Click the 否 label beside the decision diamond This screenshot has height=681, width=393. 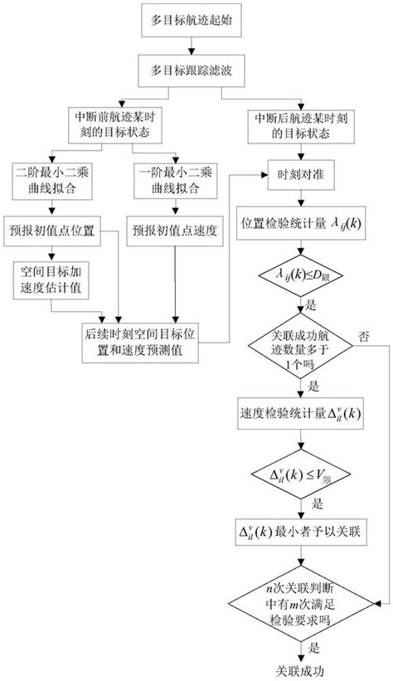pyautogui.click(x=363, y=335)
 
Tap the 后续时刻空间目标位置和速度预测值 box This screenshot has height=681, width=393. pyautogui.click(x=155, y=342)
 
